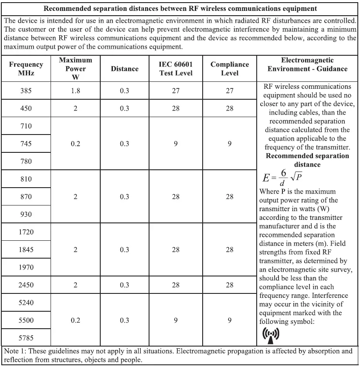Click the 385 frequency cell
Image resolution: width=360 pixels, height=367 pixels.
pos(26,91)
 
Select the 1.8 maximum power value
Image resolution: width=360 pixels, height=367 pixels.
pos(75,91)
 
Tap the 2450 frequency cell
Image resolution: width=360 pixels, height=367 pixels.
pos(26,285)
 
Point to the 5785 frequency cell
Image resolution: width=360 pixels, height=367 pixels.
pos(26,338)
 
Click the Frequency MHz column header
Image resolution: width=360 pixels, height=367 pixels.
pos(26,69)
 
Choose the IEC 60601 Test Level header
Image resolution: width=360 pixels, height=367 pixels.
pos(176,69)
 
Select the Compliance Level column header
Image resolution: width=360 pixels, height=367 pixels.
pos(230,69)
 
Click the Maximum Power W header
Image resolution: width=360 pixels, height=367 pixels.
pos(75,69)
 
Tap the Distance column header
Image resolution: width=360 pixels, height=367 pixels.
pos(125,69)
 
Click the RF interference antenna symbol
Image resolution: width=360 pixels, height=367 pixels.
pos(271,334)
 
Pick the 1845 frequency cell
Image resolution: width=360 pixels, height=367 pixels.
pos(26,250)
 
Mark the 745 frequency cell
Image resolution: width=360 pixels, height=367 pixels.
pos(26,144)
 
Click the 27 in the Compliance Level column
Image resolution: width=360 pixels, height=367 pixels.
pos(230,91)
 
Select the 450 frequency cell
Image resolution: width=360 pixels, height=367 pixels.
pos(26,108)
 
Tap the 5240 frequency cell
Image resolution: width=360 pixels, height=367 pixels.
pos(26,303)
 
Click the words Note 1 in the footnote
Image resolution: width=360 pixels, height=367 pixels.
pos(14,351)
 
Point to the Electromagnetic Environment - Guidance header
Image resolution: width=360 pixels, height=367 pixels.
pos(307,64)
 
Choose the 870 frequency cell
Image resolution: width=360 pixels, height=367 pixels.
pos(26,197)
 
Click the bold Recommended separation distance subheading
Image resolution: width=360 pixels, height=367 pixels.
pos(307,160)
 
